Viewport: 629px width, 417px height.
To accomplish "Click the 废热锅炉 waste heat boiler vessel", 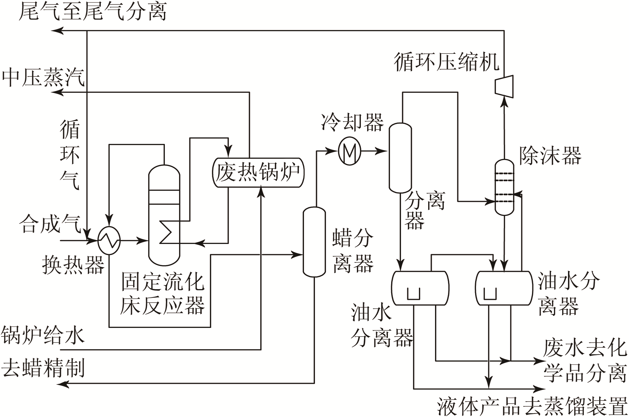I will click(258, 172).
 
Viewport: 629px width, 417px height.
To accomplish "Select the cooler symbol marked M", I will click(349, 151).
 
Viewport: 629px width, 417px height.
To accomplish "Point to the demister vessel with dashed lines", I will click(505, 187).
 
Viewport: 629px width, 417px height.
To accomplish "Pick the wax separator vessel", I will click(314, 242).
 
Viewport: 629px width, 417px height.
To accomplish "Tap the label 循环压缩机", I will click(447, 62).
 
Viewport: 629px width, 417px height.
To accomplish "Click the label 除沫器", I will click(551, 156).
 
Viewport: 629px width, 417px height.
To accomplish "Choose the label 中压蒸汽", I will click(44, 77).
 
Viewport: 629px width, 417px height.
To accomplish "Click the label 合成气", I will click(50, 224).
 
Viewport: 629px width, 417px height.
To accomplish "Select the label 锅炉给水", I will click(43, 335).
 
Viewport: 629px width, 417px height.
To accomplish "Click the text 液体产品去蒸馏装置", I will click(532, 407).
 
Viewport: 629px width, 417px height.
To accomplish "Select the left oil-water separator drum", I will click(420, 288).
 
